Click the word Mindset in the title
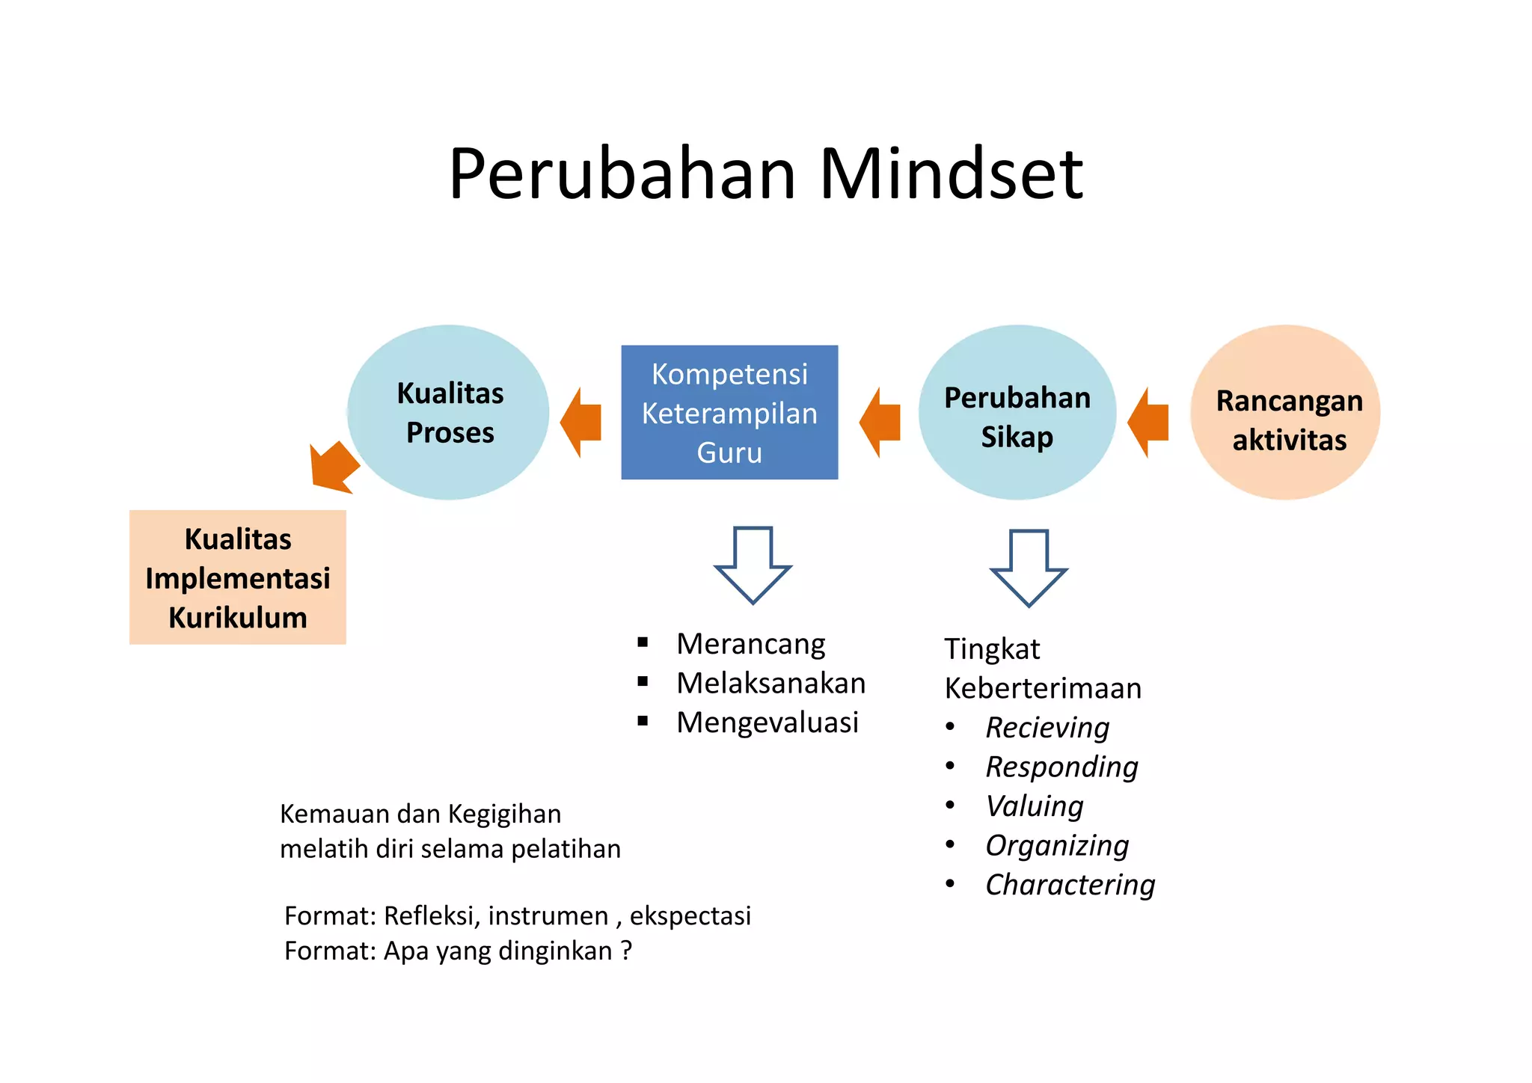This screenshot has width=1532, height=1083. [951, 174]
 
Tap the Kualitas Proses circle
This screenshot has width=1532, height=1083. [449, 412]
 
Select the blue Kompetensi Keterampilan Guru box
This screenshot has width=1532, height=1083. [729, 412]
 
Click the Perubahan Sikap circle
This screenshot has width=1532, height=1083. [1017, 412]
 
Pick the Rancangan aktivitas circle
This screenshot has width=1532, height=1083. [1286, 412]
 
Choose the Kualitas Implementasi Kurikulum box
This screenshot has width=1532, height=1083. [238, 577]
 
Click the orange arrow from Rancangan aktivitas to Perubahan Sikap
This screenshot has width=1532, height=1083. [1149, 422]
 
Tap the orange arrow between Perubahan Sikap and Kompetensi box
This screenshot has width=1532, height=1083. [880, 422]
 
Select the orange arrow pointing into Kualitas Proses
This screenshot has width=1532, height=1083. [581, 422]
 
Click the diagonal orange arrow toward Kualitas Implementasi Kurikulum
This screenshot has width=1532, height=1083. [334, 467]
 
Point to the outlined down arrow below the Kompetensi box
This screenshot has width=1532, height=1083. [753, 564]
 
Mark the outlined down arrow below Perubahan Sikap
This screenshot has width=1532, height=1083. [1029, 568]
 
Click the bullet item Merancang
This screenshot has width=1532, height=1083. [750, 644]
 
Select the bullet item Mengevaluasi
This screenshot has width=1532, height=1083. [767, 722]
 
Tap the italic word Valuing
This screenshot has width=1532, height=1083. [1035, 806]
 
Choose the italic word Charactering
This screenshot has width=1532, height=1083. [1070, 885]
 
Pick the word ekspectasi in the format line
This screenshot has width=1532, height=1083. [690, 915]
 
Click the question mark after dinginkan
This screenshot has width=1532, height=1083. [626, 951]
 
